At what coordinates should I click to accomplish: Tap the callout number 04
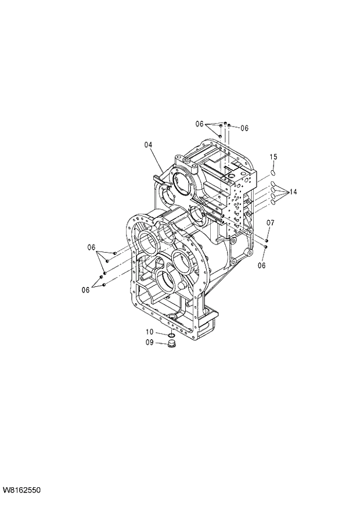tap(148, 145)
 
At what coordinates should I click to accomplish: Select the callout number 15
tap(273, 157)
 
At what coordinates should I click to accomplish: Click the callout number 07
tap(271, 223)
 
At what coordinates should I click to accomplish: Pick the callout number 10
tap(149, 332)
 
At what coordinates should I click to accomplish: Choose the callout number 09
tap(149, 343)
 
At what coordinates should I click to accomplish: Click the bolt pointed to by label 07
tap(267, 240)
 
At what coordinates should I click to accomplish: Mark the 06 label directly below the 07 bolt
tap(261, 265)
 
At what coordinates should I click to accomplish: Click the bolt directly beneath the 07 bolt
tap(265, 247)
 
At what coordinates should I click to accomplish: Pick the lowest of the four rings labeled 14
tap(272, 203)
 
